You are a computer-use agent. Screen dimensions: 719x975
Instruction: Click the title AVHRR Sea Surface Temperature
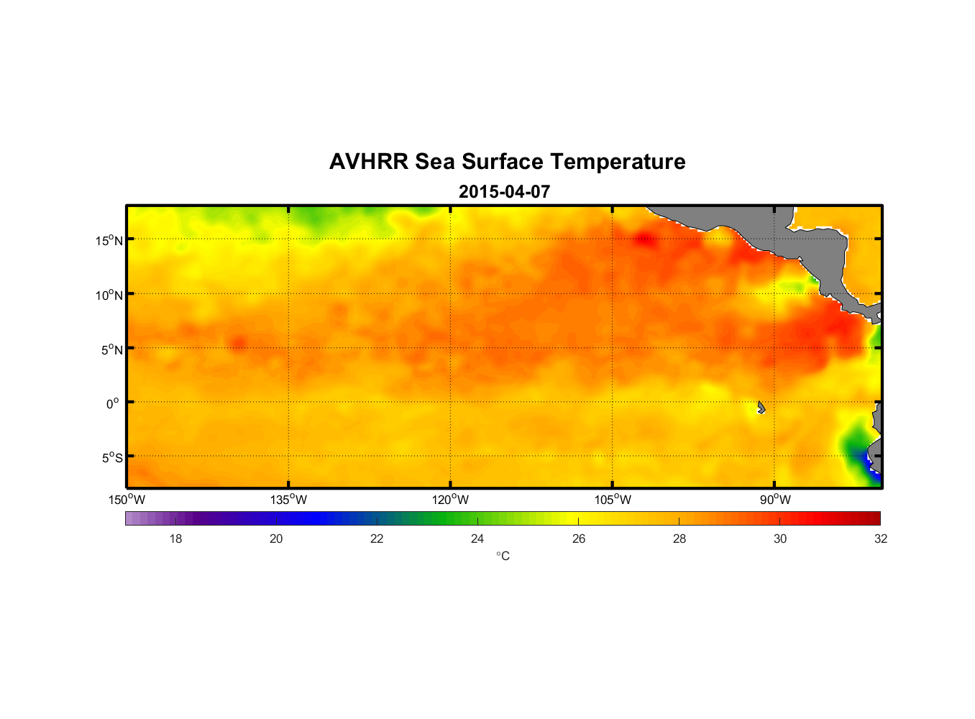[507, 162]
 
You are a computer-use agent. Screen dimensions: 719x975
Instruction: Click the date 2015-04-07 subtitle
[504, 192]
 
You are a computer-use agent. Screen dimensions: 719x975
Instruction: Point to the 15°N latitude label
[109, 240]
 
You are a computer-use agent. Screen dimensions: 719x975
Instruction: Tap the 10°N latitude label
[109, 295]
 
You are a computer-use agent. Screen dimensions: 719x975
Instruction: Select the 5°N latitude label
[111, 349]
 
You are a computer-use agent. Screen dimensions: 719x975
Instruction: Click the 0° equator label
[113, 403]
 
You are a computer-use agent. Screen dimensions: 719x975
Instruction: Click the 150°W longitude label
[127, 500]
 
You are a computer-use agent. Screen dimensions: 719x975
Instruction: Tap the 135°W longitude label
[289, 500]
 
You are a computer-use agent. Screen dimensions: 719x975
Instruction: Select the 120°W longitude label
[451, 500]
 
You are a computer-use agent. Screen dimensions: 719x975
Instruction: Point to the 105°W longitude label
[613, 500]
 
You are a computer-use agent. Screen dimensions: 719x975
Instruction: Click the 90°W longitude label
[775, 500]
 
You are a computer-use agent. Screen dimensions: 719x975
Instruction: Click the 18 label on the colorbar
[175, 539]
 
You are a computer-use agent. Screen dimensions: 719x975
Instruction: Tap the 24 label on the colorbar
[477, 539]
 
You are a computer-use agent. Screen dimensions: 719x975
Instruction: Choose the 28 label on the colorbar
[679, 539]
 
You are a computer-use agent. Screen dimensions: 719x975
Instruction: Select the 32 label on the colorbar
[881, 539]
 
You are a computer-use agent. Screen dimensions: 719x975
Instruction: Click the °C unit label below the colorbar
[503, 556]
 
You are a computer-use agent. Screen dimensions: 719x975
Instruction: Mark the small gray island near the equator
[761, 407]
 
